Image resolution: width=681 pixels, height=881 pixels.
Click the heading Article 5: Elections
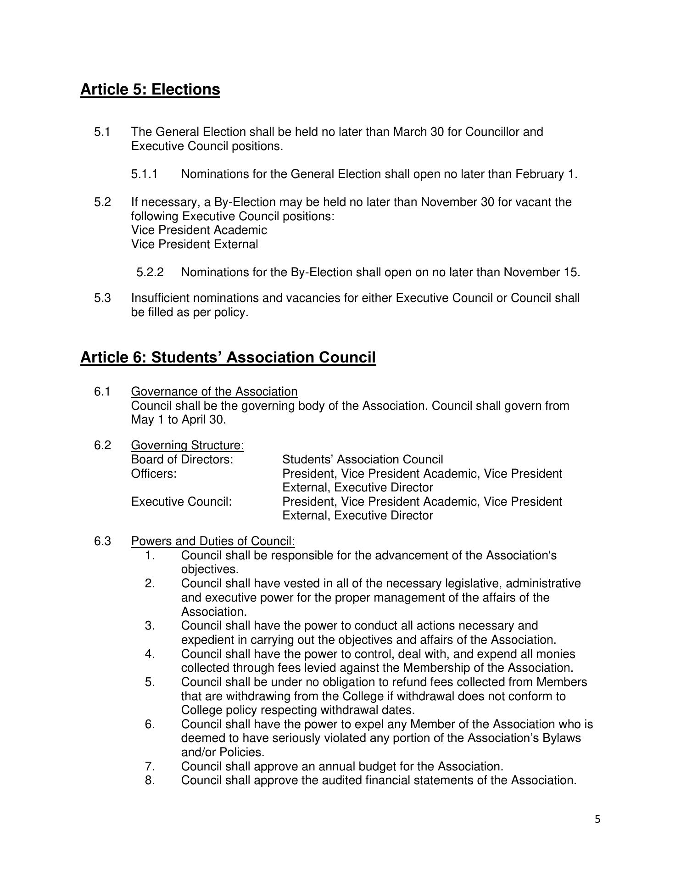[150, 89]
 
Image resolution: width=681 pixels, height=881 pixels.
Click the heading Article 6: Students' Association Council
[228, 357]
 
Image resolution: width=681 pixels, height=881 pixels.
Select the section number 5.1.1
[144, 174]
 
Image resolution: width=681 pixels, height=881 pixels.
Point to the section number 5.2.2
[150, 273]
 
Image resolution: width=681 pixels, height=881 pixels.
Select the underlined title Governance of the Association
[214, 392]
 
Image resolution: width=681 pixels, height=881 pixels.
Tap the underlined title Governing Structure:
[187, 446]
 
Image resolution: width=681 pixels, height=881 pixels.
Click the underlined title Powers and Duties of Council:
[213, 541]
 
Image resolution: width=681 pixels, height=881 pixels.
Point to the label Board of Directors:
[182, 460]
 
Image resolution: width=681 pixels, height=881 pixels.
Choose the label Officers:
[154, 474]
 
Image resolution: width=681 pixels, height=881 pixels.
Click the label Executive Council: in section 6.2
[182, 502]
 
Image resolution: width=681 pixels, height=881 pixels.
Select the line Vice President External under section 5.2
[195, 245]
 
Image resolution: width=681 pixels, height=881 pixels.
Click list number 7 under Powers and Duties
[150, 767]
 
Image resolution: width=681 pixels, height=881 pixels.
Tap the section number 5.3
[103, 298]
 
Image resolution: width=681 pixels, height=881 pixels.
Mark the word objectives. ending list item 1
[210, 570]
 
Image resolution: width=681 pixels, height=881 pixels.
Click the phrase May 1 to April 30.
[178, 420]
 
